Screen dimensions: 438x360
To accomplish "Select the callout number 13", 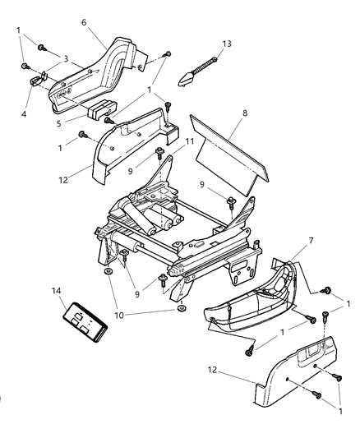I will point(227,43).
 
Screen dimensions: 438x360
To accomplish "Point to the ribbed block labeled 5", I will point(102,108).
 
